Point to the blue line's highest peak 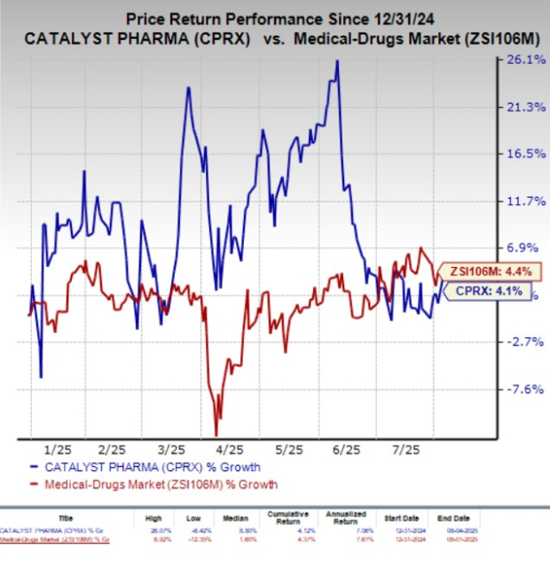click(337, 60)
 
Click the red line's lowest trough click(216, 433)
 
